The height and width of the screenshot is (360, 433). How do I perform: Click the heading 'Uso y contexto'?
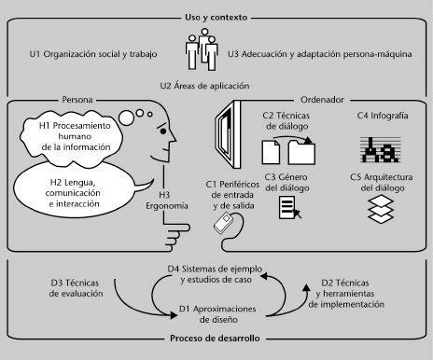pyautogui.click(x=216, y=18)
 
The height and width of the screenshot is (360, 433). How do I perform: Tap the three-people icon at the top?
pyautogui.click(x=202, y=49)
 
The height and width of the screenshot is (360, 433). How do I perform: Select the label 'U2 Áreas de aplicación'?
pyautogui.click(x=204, y=86)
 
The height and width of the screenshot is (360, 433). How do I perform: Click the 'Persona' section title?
pyautogui.click(x=77, y=100)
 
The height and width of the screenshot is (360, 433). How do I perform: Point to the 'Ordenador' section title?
pyautogui.click(x=322, y=100)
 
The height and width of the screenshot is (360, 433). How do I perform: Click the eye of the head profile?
pyautogui.click(x=163, y=132)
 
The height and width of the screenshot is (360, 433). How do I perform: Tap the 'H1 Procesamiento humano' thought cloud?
pyautogui.click(x=72, y=138)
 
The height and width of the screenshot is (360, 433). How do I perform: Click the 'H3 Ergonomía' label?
pyautogui.click(x=167, y=201)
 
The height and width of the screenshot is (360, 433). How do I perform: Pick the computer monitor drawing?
pyautogui.click(x=229, y=134)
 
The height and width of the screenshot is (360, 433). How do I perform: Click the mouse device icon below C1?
pyautogui.click(x=224, y=223)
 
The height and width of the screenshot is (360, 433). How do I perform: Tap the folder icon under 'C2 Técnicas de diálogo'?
pyautogui.click(x=301, y=152)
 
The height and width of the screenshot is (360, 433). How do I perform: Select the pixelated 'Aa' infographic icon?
pyautogui.click(x=381, y=150)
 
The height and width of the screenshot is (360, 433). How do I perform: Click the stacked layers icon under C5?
pyautogui.click(x=381, y=209)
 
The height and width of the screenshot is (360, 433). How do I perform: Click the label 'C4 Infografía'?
pyautogui.click(x=383, y=116)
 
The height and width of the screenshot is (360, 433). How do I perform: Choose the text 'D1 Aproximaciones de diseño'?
pyautogui.click(x=217, y=314)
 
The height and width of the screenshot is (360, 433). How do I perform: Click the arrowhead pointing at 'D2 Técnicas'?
pyautogui.click(x=307, y=288)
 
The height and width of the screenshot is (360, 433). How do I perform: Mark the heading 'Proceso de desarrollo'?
pyautogui.click(x=215, y=339)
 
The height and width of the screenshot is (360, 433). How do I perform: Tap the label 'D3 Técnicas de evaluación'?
pyautogui.click(x=76, y=288)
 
